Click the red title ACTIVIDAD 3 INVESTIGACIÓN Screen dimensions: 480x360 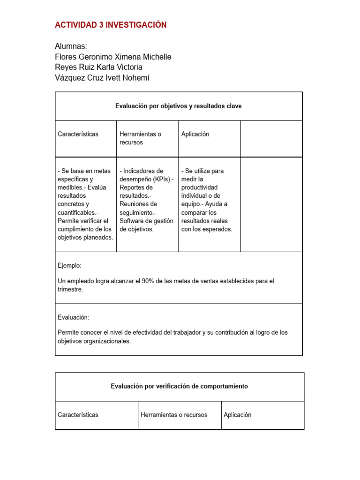coord(111,25)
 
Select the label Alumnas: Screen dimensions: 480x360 coord(71,46)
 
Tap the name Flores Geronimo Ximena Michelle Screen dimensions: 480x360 coord(113,57)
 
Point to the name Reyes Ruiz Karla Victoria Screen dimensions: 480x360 coord(98,67)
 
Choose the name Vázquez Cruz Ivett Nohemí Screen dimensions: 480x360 coord(102,78)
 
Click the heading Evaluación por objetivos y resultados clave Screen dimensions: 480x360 coord(178,106)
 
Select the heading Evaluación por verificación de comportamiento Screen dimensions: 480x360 coord(179,386)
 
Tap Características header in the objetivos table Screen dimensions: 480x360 coord(78,134)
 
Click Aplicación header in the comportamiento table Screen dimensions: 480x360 coord(238,415)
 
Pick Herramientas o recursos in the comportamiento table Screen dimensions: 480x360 coord(174,415)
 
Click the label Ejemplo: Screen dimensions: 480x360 coord(69,265)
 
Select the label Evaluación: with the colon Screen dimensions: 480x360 coord(73,317)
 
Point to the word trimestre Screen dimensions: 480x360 coord(70,289)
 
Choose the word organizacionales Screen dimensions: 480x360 coord(106,341)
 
